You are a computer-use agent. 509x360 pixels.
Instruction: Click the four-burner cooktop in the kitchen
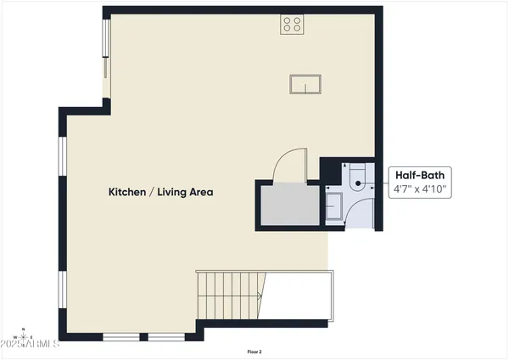tap(293, 25)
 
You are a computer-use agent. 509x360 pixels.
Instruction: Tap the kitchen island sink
tap(305, 84)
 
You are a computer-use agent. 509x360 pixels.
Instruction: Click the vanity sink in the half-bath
tap(333, 205)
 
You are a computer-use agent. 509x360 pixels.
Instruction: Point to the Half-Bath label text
tap(418, 175)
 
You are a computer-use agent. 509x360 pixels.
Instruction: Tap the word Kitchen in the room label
tap(127, 192)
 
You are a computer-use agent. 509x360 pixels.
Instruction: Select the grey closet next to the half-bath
tap(288, 205)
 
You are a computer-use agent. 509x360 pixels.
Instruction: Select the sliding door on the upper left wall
tap(106, 55)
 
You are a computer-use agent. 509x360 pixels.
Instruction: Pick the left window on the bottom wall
tap(125, 337)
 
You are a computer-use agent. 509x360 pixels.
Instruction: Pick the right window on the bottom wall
tap(171, 337)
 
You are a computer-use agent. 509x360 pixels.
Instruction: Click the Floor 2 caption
tap(255, 352)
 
